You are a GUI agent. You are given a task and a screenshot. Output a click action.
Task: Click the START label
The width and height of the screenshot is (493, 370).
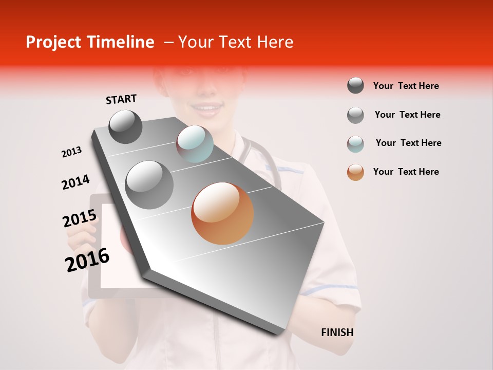pyautogui.click(x=121, y=99)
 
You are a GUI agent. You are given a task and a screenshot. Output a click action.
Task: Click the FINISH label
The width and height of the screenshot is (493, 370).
pyautogui.click(x=337, y=332)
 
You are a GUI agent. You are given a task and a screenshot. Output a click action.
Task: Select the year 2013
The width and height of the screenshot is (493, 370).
pyautogui.click(x=71, y=152)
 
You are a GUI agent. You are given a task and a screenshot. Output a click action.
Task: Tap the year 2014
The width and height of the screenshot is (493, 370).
pyautogui.click(x=75, y=182)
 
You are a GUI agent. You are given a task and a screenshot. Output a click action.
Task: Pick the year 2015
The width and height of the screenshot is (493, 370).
pyautogui.click(x=80, y=218)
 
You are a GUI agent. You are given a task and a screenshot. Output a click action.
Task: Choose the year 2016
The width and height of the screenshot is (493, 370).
pyautogui.click(x=87, y=260)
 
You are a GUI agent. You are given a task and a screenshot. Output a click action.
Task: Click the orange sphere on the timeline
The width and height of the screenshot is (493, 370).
pyautogui.click(x=222, y=213)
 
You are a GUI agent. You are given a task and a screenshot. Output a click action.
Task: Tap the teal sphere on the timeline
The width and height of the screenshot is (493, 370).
pyautogui.click(x=195, y=144)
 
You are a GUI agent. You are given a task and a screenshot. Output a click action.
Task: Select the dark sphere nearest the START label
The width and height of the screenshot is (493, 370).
pyautogui.click(x=126, y=127)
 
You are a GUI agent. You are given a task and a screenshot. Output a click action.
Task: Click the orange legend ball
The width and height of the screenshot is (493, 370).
pyautogui.click(x=355, y=172)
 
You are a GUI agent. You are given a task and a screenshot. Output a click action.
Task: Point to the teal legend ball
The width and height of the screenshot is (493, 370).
pyautogui.click(x=355, y=144)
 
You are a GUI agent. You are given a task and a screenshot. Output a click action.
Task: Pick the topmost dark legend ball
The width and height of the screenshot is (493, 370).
pyautogui.click(x=355, y=85)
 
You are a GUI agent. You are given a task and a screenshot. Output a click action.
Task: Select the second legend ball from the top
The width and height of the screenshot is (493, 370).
pyautogui.click(x=355, y=115)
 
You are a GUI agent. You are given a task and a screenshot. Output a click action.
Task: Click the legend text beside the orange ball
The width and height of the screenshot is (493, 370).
pyautogui.click(x=406, y=172)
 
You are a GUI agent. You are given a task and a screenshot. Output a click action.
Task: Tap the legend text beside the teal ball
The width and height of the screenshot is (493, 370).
pyautogui.click(x=408, y=143)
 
